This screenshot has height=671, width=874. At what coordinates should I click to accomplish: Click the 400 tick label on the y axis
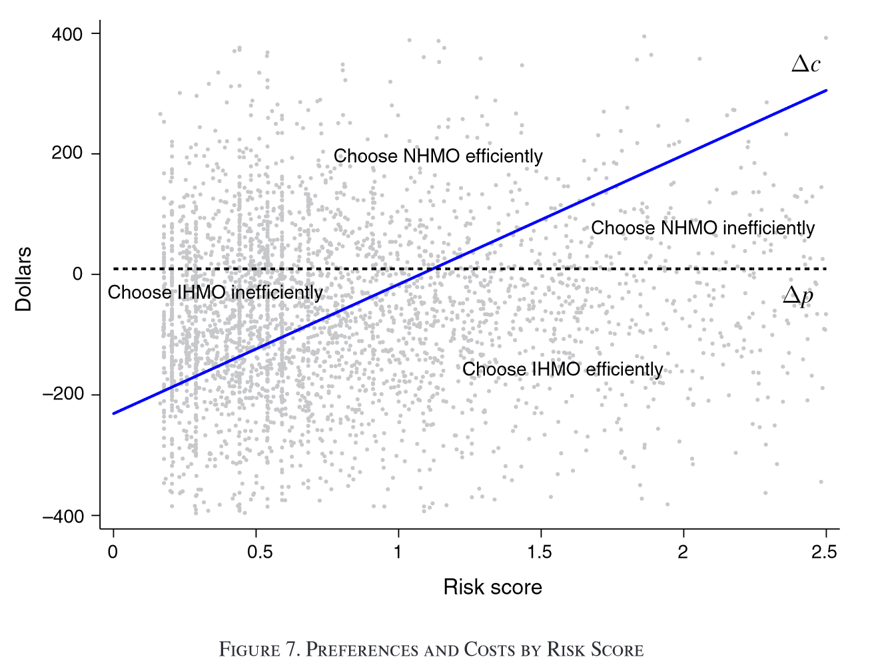pos(67,34)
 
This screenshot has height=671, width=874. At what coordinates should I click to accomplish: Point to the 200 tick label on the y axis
pos(67,154)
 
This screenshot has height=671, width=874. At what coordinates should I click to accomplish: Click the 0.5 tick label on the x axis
pos(260,553)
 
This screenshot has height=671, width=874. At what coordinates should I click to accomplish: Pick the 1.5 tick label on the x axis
pos(540,553)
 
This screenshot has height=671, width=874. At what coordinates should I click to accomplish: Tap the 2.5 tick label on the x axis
pos(825,553)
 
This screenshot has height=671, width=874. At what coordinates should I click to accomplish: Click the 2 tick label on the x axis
pos(683,553)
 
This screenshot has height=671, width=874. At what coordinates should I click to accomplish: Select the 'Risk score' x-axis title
pos(492,587)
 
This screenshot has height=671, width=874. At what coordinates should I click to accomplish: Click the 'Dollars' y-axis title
pos(24,279)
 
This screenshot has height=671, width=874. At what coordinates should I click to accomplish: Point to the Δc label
pos(805,64)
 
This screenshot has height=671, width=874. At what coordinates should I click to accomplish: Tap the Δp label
pos(798,296)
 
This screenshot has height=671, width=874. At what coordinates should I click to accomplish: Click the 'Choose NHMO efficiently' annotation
pos(438,156)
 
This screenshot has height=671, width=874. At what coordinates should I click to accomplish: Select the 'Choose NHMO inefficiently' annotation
pos(703,228)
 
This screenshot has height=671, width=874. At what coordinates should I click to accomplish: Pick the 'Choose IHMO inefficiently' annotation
pos(215,293)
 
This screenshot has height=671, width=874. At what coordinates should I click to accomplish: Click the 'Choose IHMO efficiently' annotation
pos(562,369)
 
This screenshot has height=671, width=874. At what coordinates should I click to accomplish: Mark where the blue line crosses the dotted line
pos(435,269)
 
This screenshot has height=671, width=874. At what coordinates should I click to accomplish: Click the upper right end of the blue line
pos(826,90)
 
